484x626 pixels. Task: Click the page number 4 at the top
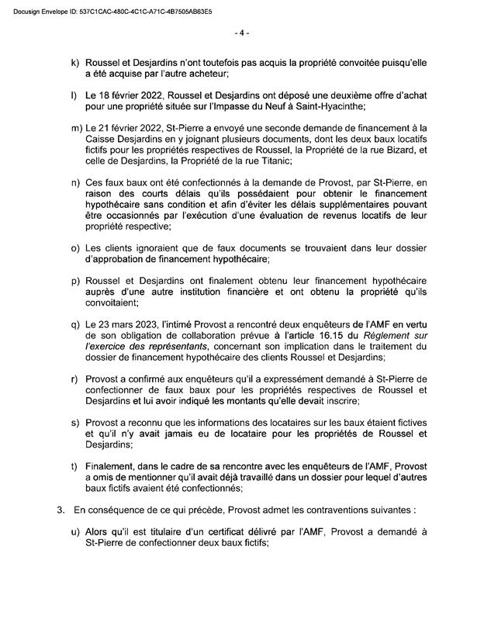[242, 33]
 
